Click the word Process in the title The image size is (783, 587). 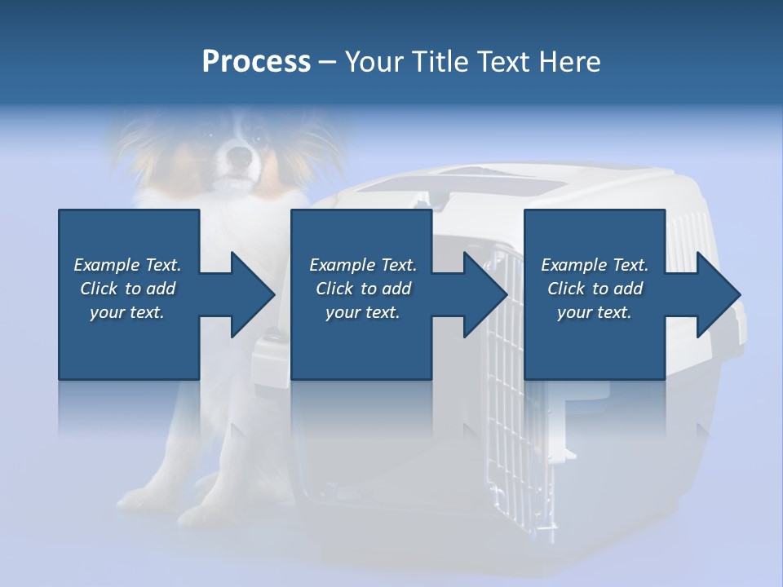pyautogui.click(x=256, y=62)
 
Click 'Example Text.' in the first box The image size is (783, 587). pyautogui.click(x=127, y=265)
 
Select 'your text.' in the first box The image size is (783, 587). pyautogui.click(x=127, y=312)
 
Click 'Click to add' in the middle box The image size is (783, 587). pyautogui.click(x=363, y=289)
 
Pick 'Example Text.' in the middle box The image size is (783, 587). pyautogui.click(x=363, y=265)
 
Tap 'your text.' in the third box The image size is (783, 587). pyautogui.click(x=595, y=312)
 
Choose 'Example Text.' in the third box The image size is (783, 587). pyautogui.click(x=595, y=265)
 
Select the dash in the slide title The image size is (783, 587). pyautogui.click(x=328, y=62)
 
